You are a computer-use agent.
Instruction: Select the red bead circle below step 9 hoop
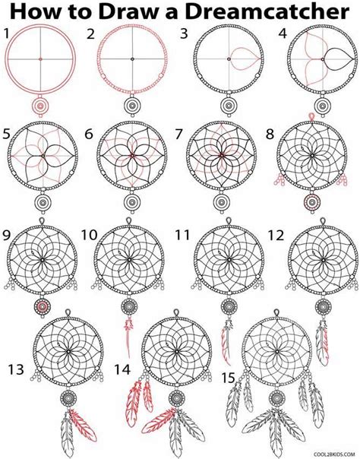(x=43, y=305)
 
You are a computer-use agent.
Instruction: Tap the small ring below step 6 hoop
(x=131, y=203)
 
